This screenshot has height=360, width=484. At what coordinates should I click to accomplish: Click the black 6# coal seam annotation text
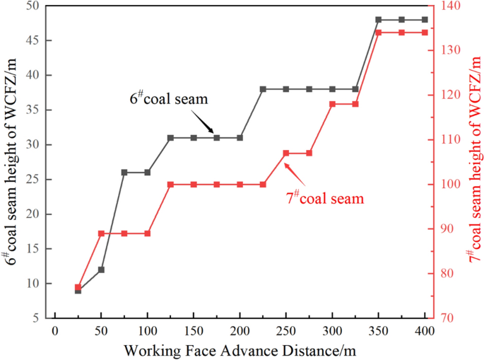point(169,99)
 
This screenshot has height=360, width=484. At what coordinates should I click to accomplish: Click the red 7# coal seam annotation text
point(325,199)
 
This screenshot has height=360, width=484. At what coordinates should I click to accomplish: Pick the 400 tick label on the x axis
point(425,332)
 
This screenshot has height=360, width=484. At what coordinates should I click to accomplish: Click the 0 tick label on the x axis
point(54,332)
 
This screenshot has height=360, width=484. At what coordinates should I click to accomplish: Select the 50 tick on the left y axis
point(33,6)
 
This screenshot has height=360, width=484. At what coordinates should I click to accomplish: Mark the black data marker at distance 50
point(101,269)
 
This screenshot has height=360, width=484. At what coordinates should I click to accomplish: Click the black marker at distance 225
point(263,89)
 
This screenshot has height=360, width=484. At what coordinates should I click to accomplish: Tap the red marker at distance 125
point(170,185)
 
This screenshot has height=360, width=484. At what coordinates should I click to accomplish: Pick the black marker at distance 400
point(425,20)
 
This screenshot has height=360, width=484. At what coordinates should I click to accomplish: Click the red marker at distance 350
point(379,33)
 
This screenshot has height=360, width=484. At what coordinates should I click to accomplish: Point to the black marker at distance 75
point(124,172)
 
